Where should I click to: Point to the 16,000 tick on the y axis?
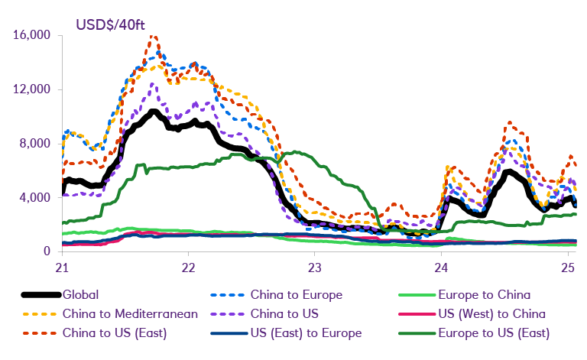coord(30,35)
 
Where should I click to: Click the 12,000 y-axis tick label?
coord(30,89)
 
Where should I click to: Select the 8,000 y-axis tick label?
coord(33,144)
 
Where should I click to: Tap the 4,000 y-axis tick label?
coord(33,198)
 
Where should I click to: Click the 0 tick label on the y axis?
coord(47,251)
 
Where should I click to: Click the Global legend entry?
coord(81,294)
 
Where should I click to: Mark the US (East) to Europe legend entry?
coord(306,332)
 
